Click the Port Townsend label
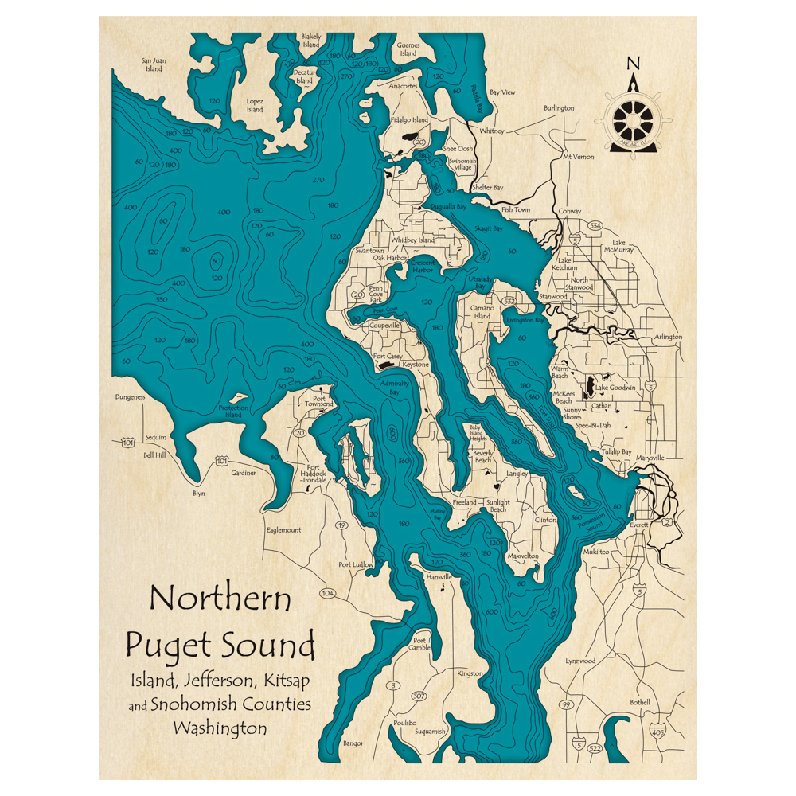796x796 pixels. [320, 401]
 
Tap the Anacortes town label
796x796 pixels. [403, 86]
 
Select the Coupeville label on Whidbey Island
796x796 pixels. [385, 325]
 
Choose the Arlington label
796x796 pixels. [666, 337]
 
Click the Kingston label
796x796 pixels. [470, 673]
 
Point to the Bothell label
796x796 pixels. [640, 702]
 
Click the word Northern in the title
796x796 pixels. [220, 597]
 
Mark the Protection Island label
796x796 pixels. [234, 412]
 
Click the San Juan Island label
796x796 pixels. [153, 64]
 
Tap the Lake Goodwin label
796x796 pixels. [616, 388]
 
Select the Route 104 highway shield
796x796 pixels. [327, 593]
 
